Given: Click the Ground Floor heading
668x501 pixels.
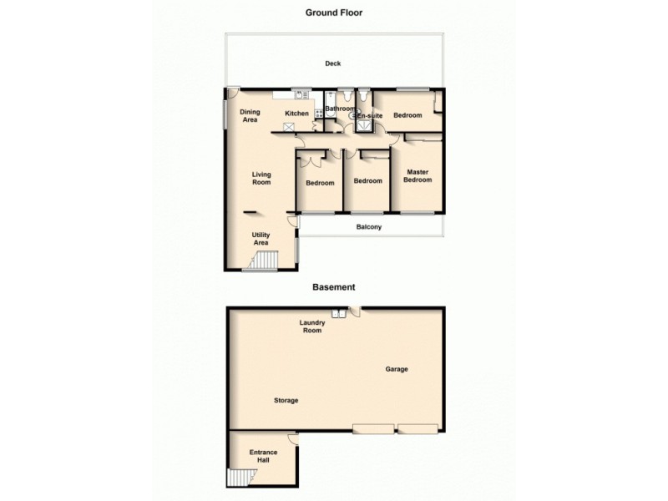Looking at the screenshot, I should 334,13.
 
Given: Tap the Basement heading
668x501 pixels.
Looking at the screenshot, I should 334,286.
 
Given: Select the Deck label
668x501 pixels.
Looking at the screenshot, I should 333,64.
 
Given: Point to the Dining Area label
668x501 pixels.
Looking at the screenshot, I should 250,116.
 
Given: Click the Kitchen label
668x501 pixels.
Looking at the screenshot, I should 297,114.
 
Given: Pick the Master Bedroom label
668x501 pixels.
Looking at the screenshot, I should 417,176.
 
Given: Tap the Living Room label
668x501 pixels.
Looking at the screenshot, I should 263,178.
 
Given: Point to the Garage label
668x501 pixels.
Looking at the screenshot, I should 397,368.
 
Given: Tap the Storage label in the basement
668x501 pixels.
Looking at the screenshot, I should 286,401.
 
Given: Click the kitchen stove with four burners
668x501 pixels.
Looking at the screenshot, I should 289,128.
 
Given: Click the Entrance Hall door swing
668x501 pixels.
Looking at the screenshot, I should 291,438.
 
